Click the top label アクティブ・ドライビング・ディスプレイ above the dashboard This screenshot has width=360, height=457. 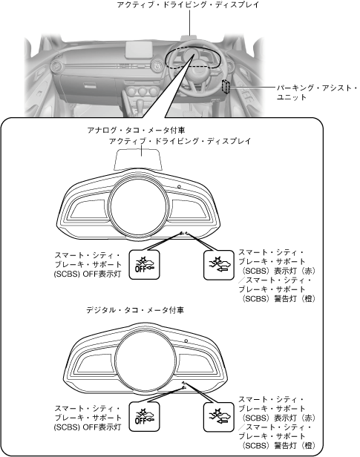(x=188, y=4)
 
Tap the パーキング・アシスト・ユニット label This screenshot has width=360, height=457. (x=316, y=93)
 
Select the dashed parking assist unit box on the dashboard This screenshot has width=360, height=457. (x=226, y=86)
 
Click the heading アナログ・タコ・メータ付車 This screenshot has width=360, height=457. (x=136, y=130)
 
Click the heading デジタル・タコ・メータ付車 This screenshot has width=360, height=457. (x=135, y=310)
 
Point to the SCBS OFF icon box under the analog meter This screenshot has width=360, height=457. (x=144, y=265)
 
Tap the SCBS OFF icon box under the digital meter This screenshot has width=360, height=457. (x=144, y=417)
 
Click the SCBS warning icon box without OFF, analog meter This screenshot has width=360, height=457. (x=219, y=266)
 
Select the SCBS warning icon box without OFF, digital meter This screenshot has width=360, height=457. (x=219, y=417)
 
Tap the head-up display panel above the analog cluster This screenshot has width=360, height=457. (x=138, y=159)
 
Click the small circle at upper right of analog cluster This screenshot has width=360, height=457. (x=179, y=187)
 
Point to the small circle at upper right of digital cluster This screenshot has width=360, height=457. (x=186, y=341)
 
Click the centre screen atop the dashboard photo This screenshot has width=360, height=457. (x=139, y=49)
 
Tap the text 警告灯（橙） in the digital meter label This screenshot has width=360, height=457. (x=294, y=445)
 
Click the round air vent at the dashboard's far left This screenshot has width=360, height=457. (x=56, y=67)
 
